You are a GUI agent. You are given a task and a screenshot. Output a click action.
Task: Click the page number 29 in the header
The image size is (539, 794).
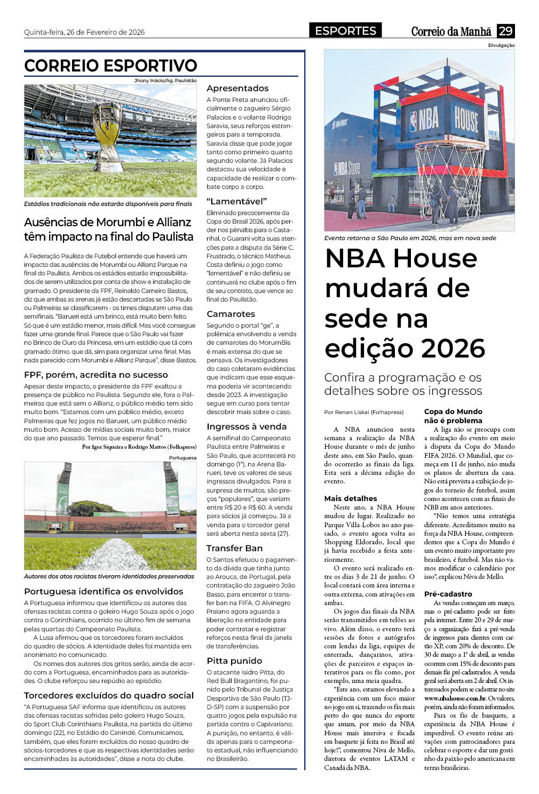click(x=505, y=31)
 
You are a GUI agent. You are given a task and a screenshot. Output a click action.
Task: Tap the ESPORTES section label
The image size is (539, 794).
click(x=345, y=31)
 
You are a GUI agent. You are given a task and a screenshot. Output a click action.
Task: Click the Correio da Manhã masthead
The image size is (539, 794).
click(x=451, y=31)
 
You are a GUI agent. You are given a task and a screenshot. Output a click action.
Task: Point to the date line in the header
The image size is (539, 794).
click(x=84, y=32)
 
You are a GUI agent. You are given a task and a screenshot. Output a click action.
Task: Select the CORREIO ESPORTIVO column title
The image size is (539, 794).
click(x=110, y=66)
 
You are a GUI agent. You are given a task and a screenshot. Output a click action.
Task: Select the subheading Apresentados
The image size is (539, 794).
click(x=237, y=89)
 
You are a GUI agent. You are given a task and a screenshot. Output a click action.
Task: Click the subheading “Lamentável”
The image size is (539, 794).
click(x=236, y=201)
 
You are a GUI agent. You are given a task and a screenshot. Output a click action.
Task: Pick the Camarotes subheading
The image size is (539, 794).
click(x=231, y=314)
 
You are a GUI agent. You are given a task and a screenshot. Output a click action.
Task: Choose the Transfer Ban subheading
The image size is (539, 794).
click(x=234, y=548)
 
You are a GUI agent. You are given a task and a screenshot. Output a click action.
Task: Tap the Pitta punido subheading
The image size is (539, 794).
click(x=234, y=661)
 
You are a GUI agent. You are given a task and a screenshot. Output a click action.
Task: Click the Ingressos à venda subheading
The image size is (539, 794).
click(x=247, y=426)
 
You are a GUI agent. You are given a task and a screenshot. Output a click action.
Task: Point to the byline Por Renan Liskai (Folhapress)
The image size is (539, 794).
click(x=364, y=412)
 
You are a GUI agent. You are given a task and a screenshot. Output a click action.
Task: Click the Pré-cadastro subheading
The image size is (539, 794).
click(x=448, y=594)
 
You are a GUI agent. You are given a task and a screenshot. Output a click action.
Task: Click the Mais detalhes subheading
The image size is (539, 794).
click(x=351, y=498)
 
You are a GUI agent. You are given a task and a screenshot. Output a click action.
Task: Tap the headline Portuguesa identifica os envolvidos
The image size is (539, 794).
click(x=104, y=591)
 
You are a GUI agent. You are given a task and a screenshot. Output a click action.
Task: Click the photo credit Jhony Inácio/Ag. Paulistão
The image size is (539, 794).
click(x=165, y=81)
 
